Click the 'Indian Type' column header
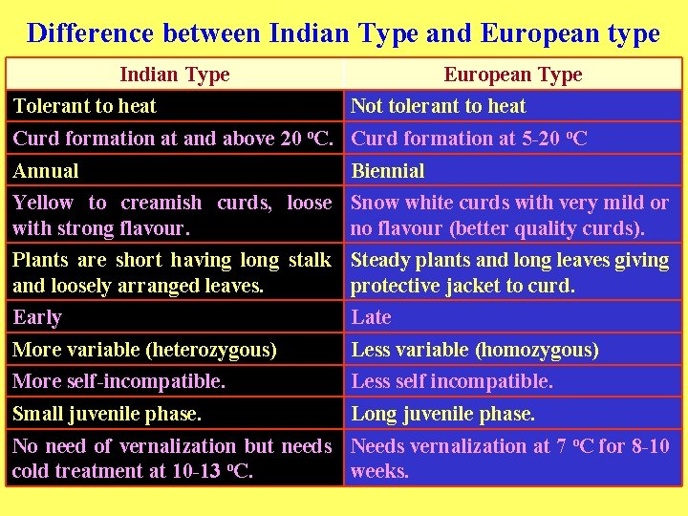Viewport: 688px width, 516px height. [x=175, y=75]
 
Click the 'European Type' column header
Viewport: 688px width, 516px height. [x=513, y=75]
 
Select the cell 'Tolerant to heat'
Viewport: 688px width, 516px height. [x=85, y=106]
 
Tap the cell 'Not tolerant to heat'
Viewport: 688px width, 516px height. [x=439, y=106]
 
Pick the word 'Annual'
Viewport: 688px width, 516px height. [x=46, y=171]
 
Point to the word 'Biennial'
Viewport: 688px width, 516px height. [x=388, y=171]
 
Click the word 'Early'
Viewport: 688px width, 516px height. [x=37, y=317]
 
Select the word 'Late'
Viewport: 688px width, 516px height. [x=372, y=317]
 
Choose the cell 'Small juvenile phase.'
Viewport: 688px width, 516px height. [x=107, y=414]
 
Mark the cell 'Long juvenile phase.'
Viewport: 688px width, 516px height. [x=443, y=414]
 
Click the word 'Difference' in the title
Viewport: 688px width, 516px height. [x=91, y=33]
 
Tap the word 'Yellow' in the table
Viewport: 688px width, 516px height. [x=43, y=203]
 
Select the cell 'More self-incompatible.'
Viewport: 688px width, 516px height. [x=119, y=381]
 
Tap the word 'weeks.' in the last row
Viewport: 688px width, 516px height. [x=380, y=471]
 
